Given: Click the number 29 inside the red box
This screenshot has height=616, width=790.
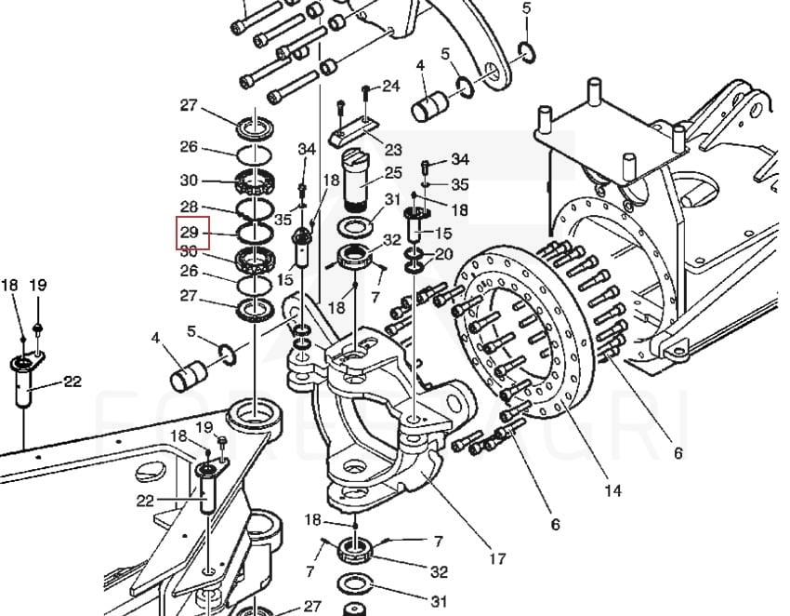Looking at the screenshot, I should (190, 231).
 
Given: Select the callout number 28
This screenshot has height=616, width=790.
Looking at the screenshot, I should (190, 206).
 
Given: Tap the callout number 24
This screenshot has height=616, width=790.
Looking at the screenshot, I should (390, 86).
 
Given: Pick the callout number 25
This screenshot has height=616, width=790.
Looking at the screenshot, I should (392, 173).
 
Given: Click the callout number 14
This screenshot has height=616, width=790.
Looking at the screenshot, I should (612, 489).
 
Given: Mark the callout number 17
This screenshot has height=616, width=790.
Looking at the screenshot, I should (497, 558).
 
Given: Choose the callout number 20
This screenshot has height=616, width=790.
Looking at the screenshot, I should (443, 254).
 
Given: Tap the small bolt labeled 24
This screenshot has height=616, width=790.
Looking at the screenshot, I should (365, 91).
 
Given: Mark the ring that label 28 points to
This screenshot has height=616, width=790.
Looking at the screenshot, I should (253, 211).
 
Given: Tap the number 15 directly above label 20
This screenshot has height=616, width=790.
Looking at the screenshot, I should (443, 234).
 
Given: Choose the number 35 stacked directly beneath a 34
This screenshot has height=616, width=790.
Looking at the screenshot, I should (459, 184).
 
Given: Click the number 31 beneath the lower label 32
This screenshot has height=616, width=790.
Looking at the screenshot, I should (438, 601).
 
